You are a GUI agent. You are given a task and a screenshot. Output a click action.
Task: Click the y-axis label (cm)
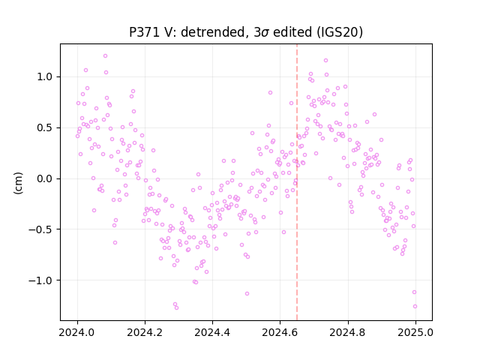tap(18, 183)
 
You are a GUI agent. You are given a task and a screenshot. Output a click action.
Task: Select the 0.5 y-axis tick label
tap(44, 127)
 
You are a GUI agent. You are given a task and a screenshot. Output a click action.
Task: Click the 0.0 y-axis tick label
tap(44, 178)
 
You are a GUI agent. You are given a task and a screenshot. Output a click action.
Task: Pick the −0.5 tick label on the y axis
tap(40, 229)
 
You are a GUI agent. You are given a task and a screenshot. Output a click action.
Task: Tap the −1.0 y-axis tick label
tap(40, 280)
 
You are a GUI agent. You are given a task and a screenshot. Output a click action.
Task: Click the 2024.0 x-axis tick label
tap(77, 332)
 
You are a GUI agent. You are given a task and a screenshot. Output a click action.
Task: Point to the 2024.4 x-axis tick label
tap(212, 332)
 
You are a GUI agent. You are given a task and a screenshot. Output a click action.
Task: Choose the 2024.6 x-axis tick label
tap(280, 332)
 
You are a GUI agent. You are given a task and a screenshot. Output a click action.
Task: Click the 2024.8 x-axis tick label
tap(348, 332)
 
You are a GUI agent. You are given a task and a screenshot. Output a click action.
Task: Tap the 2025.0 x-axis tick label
tap(415, 332)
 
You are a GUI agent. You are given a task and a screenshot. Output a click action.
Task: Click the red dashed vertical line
tap(297, 182)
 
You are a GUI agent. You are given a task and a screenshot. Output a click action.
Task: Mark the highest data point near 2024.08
tap(105, 56)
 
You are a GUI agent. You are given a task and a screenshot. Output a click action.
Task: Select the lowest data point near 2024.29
tap(176, 307)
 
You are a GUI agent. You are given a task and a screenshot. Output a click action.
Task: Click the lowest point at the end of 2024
tap(415, 306)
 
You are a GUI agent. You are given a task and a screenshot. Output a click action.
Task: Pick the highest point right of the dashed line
tap(325, 60)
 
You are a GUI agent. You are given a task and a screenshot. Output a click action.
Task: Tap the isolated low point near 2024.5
tap(247, 293)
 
